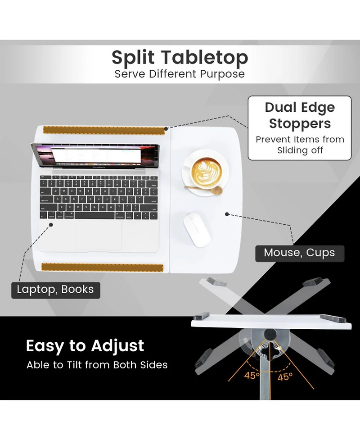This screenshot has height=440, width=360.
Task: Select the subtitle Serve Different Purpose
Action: pos(180,74)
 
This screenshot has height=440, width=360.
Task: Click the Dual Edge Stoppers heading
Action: pos(300,115)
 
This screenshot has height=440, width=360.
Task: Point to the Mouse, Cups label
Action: pos(299,253)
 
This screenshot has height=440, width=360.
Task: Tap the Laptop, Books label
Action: pos(55,289)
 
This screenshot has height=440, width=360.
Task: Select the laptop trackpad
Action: pos(99,234)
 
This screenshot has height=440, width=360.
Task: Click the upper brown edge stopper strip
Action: pos(103,130)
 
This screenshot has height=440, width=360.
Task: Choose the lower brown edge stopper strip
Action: pos(102,268)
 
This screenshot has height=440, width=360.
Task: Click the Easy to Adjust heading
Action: pos(85,346)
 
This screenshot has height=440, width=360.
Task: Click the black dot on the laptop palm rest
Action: pos(51,224)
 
